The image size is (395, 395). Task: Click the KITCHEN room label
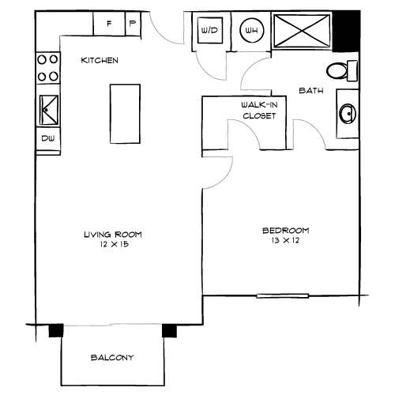pyautogui.click(x=100, y=60)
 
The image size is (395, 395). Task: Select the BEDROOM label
pyautogui.click(x=285, y=231)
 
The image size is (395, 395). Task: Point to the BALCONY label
pyautogui.click(x=111, y=357)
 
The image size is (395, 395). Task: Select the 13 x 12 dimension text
pyautogui.click(x=285, y=240)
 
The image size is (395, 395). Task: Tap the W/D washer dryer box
pyautogui.click(x=210, y=32)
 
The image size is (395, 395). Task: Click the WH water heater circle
pyautogui.click(x=252, y=32)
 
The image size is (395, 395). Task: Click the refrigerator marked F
pyautogui.click(x=108, y=24)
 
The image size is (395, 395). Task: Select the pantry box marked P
pyautogui.click(x=132, y=24)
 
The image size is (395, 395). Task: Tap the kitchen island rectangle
pyautogui.click(x=125, y=114)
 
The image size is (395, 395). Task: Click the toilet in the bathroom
pyautogui.click(x=341, y=71)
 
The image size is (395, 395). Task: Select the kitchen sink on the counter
pyautogui.click(x=47, y=110)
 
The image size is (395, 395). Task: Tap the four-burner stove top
pyautogui.click(x=47, y=69)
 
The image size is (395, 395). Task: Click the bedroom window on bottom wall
pyautogui.click(x=282, y=296)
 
